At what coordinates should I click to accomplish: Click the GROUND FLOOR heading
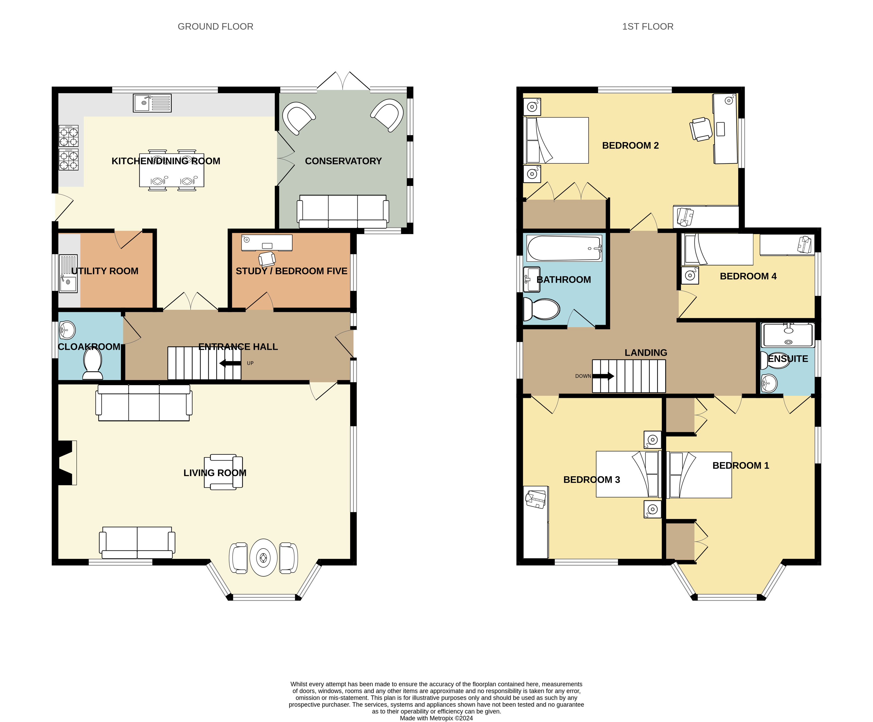click(215, 27)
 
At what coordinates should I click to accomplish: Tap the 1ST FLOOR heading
click(648, 27)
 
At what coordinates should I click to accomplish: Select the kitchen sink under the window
click(152, 103)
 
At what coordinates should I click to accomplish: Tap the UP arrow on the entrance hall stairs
click(230, 363)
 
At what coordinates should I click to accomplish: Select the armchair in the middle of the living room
click(223, 472)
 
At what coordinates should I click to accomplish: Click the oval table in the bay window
click(263, 557)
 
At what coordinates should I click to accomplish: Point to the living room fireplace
click(66, 463)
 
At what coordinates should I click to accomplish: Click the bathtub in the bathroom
click(564, 248)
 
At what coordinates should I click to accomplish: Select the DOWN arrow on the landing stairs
click(603, 376)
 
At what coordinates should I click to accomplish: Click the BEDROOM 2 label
click(630, 145)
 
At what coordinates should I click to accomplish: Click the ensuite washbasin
click(769, 383)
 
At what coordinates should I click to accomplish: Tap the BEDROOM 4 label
click(748, 276)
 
